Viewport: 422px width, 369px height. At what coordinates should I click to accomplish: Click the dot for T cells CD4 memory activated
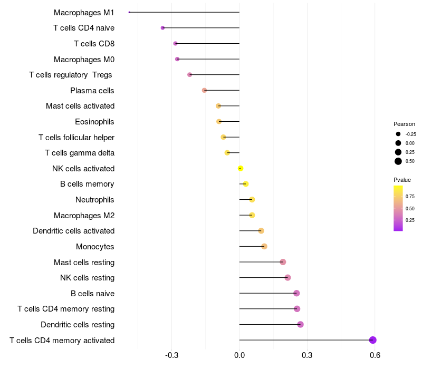373,340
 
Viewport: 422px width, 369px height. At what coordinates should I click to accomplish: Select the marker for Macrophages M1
130,12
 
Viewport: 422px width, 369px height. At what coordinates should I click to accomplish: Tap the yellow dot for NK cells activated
241,168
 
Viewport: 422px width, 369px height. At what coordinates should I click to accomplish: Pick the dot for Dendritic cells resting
300,324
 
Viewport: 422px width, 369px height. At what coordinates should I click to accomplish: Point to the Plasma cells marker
204,90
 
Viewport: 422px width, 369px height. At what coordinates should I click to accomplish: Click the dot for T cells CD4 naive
162,27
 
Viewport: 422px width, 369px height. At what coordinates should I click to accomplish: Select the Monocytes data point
264,246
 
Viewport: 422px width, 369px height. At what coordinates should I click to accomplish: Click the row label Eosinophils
94,122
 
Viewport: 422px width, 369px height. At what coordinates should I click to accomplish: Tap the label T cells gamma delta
80,153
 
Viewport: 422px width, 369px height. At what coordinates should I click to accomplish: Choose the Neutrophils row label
95,200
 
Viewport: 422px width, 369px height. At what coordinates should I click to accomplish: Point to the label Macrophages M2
84,215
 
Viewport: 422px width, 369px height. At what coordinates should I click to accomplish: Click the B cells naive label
92,293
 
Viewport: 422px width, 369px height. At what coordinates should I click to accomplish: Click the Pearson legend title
404,124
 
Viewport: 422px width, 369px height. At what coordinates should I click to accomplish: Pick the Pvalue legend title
402,180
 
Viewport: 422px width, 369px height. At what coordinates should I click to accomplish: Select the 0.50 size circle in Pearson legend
398,161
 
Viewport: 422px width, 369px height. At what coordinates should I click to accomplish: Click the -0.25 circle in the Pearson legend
398,134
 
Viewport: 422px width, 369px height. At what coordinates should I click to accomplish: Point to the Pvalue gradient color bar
398,208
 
